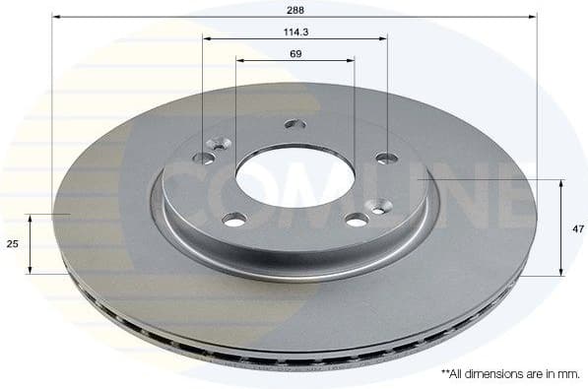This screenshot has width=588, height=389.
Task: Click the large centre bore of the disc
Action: click(295, 177)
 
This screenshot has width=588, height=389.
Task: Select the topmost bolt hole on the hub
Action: click(295, 124)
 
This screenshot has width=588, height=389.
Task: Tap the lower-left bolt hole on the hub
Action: click(234, 219)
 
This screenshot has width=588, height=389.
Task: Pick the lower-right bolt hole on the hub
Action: click(357, 220)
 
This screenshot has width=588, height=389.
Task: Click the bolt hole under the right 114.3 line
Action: click(386, 158)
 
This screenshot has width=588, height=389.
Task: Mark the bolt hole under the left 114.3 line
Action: click(204, 158)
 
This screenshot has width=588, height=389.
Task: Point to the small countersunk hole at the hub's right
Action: click(379, 207)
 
